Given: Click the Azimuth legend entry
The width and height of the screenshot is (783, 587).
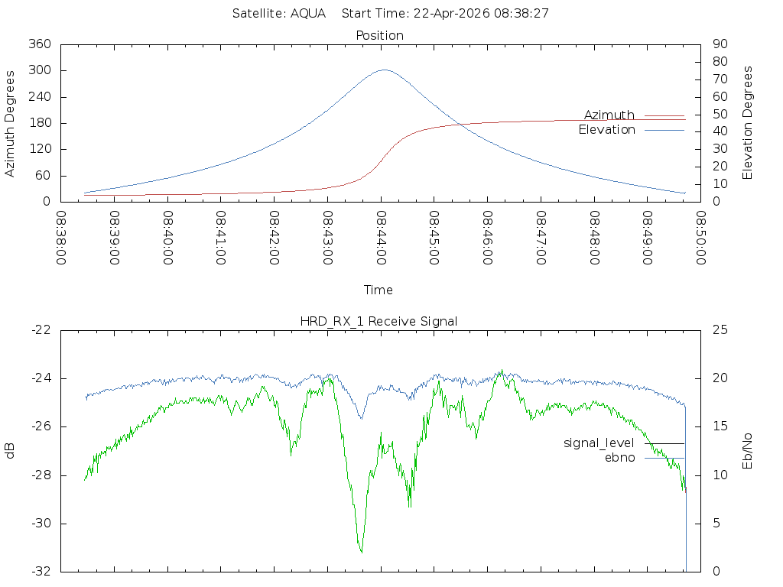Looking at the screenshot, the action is click(x=634, y=115).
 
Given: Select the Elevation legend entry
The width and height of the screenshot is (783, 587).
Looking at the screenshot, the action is click(x=631, y=130).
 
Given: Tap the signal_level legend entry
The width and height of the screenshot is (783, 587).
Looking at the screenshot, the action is click(x=624, y=443).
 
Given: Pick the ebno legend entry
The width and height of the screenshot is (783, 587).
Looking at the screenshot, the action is click(x=644, y=458).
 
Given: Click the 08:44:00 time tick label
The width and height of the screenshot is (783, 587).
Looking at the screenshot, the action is click(x=381, y=238).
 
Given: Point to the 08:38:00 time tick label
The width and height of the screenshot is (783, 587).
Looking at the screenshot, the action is click(x=61, y=238).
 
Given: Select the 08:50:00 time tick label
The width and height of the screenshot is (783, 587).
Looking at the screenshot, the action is click(x=700, y=238).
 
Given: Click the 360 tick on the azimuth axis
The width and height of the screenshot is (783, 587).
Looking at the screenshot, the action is click(x=40, y=44).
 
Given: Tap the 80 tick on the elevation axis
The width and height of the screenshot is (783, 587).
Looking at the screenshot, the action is click(x=720, y=61).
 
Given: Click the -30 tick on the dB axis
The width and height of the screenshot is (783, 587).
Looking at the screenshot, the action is click(x=41, y=524).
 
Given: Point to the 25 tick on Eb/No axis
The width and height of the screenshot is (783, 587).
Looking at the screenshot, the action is click(x=720, y=330).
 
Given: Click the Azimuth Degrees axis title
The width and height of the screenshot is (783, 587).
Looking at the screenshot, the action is click(x=9, y=124).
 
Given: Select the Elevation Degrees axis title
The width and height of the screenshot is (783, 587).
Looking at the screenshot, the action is click(x=747, y=123).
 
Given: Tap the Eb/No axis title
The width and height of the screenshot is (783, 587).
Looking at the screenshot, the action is click(x=747, y=451).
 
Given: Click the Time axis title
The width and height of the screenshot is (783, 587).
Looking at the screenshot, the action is click(x=378, y=290).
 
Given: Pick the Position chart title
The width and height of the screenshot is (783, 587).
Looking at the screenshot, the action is click(x=379, y=35).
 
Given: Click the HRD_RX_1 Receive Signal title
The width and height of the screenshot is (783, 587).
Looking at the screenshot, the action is click(x=379, y=322).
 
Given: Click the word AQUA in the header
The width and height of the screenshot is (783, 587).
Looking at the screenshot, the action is click(x=308, y=13).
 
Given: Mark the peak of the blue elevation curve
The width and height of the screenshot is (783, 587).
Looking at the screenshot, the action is click(x=384, y=70).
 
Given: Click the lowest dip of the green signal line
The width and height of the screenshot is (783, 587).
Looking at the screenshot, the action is click(x=361, y=552).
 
